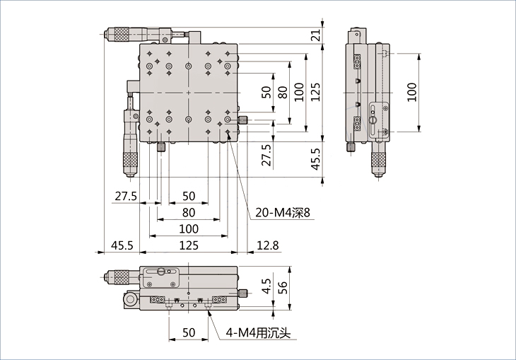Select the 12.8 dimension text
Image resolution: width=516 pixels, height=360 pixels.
tap(268, 245)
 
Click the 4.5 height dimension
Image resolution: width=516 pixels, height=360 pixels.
tap(266, 286)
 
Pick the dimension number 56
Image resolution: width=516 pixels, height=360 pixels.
tap(283, 286)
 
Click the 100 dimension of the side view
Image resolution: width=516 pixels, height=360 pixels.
tap(411, 91)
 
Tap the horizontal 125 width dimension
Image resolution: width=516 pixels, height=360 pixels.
tap(188, 245)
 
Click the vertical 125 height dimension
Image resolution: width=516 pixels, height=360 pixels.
tap(316, 91)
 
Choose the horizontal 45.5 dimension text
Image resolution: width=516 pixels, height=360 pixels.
tap(122, 245)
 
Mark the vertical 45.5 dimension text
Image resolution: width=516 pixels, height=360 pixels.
tap(316, 159)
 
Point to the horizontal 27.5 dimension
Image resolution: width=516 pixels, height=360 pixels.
tap(125, 196)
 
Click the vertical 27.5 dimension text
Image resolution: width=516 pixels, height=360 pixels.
tap(266, 156)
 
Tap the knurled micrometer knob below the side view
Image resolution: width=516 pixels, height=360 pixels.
tap(380, 161)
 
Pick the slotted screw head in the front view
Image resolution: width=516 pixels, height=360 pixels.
tap(163, 271)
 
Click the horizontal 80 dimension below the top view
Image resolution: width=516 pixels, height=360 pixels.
tap(188, 212)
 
